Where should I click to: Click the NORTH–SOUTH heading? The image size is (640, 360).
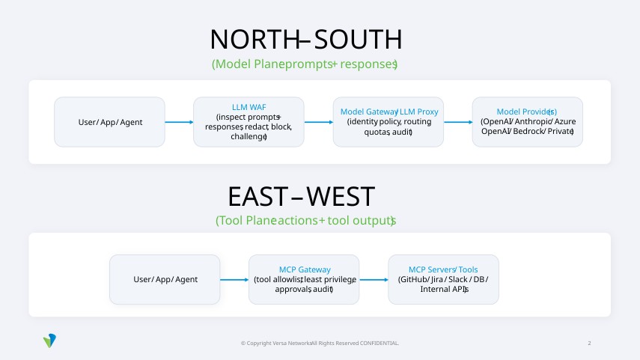click(305, 39)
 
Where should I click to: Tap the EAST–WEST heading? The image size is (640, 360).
click(301, 196)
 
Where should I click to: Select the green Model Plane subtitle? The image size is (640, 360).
click(305, 64)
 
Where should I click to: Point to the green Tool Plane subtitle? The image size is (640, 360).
click(305, 221)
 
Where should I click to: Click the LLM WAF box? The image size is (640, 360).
click(249, 121)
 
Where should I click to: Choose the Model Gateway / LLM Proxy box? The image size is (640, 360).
click(388, 121)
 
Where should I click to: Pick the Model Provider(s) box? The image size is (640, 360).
click(527, 121)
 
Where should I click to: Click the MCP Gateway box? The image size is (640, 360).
click(304, 279)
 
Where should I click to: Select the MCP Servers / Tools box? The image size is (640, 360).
click(443, 279)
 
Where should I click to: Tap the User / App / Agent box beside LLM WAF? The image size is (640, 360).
click(110, 121)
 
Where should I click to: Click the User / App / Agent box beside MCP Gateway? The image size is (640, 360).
click(165, 279)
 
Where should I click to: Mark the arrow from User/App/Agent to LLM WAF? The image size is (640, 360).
click(179, 122)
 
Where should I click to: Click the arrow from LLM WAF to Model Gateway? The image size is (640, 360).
click(318, 122)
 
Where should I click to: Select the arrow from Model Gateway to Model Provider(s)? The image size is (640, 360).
click(457, 122)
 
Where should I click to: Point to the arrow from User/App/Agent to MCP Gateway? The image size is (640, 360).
click(234, 280)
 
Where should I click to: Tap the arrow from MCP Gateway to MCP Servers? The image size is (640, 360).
click(374, 280)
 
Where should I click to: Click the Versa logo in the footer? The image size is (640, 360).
click(50, 341)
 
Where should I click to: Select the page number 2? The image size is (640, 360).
click(589, 343)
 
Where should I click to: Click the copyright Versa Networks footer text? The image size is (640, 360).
click(320, 343)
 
